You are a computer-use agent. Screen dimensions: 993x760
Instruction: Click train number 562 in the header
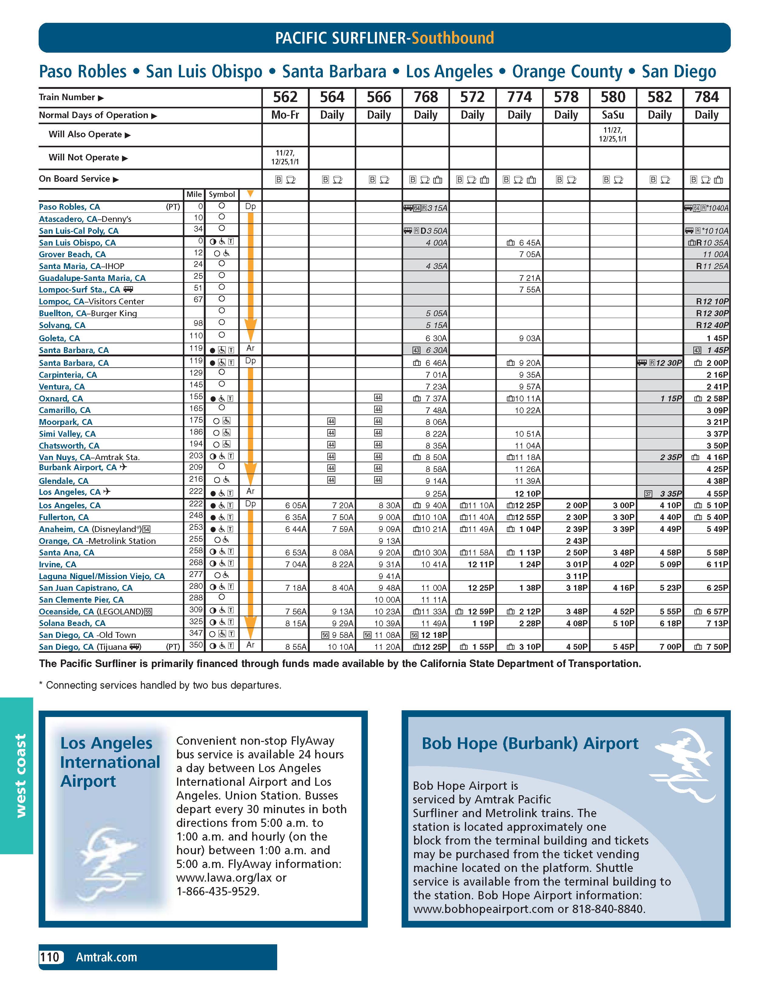285,97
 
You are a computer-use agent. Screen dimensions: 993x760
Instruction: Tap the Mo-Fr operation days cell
285,115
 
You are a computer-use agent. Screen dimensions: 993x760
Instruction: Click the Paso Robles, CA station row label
69,207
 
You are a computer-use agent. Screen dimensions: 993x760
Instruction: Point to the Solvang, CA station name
62,325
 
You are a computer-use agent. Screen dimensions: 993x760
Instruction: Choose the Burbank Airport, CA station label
78,468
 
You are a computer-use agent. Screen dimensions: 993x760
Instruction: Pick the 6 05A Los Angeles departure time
296,505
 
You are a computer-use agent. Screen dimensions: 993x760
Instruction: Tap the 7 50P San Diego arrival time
717,647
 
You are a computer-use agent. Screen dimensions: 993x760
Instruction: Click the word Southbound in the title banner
452,38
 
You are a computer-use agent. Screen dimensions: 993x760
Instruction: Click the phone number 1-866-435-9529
218,892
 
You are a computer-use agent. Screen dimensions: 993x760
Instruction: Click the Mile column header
194,194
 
